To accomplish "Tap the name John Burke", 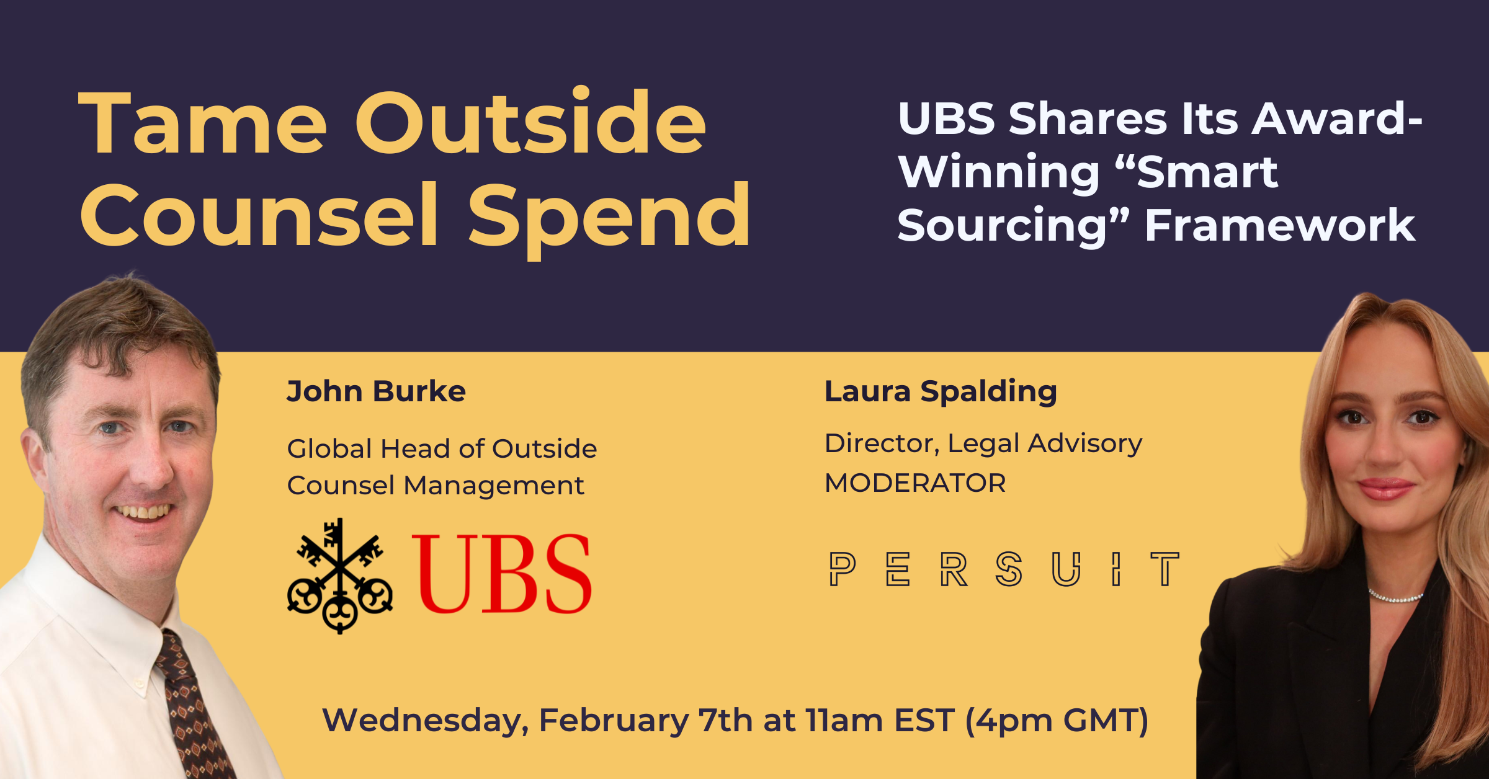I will point(376,392).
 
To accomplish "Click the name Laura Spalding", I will point(941,392).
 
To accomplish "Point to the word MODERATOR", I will point(915,483).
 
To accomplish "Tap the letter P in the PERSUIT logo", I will point(842,569).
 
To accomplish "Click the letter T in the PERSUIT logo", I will point(1165,569).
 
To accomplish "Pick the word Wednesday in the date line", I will point(426,721).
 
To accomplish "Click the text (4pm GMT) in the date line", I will point(1057,721).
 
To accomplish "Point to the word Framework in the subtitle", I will point(1280,225).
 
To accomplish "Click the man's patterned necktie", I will point(192,707).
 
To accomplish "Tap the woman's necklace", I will point(1396,598).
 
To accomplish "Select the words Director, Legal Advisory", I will point(983,444).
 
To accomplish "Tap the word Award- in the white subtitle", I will point(1337,119).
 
